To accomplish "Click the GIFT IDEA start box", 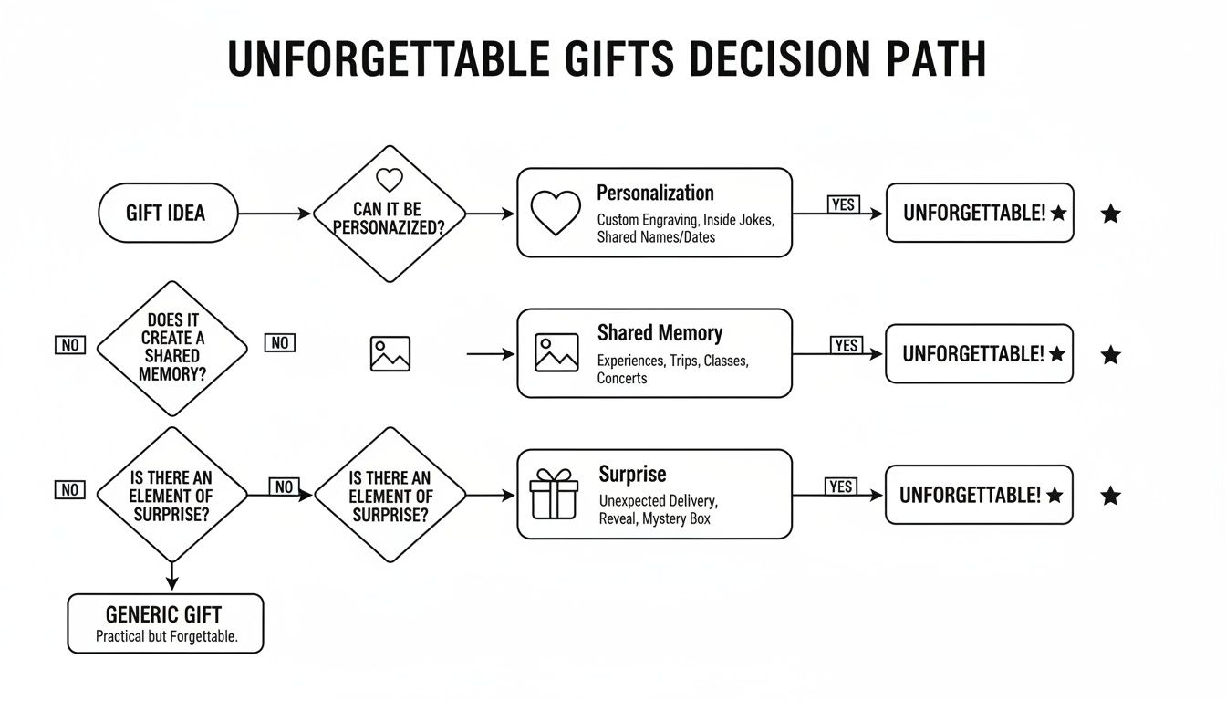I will pyautogui.click(x=167, y=214).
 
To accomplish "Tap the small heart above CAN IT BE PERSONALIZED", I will pyautogui.click(x=390, y=179).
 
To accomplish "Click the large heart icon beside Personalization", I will pyautogui.click(x=556, y=214).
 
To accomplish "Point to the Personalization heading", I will pyautogui.click(x=655, y=194).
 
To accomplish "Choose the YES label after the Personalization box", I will pyautogui.click(x=843, y=204).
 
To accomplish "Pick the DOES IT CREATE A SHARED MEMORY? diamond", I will pyautogui.click(x=172, y=349).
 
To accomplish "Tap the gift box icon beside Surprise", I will pyautogui.click(x=555, y=494).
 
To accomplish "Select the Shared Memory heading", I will pyautogui.click(x=660, y=333).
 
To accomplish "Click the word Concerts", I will pyautogui.click(x=622, y=378).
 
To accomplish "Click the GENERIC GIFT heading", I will pyautogui.click(x=164, y=614).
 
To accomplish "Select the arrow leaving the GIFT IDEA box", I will pyautogui.click(x=275, y=214).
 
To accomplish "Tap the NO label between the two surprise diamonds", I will pyautogui.click(x=284, y=487).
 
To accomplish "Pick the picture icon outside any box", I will pyautogui.click(x=390, y=353).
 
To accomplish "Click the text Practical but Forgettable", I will pyautogui.click(x=166, y=637).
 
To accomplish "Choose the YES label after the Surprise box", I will pyautogui.click(x=840, y=487).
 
